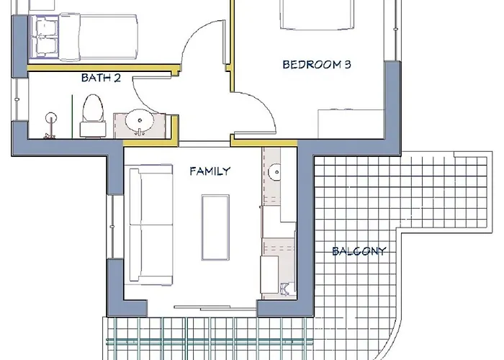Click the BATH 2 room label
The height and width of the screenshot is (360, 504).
101,78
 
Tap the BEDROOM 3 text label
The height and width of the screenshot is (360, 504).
317,65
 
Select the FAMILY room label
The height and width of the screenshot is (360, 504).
210,171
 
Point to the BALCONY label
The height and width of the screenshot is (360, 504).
359,251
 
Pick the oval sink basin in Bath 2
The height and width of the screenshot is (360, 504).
140,121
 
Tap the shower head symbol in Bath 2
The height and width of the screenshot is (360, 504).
51,117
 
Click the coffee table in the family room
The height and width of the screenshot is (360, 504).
215,228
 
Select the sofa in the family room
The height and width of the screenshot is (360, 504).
150,225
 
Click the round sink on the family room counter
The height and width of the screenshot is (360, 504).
274,172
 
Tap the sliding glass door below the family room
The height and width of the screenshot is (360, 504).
215,308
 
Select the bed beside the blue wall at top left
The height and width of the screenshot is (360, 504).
84,37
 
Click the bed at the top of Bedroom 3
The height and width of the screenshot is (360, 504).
318,15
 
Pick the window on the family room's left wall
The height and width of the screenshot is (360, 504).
112,227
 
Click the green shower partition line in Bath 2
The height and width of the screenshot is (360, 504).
72,117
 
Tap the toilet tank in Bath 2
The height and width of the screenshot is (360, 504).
93,129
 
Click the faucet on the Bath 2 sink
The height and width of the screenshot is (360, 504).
140,132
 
